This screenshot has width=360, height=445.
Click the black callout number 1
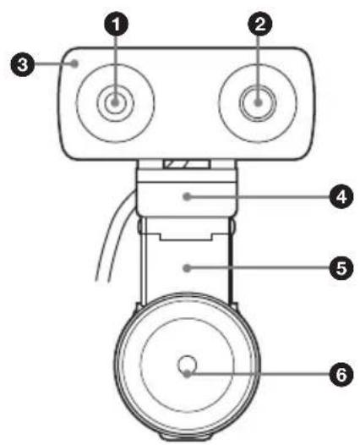(x=116, y=24)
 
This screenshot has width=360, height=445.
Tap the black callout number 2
(x=260, y=24)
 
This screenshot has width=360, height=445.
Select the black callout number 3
(x=22, y=64)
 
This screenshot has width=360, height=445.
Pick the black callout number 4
(x=341, y=196)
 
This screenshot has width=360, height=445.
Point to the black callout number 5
(x=341, y=267)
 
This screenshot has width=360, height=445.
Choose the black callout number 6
(x=341, y=374)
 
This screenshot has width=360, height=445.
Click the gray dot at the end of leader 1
(x=115, y=102)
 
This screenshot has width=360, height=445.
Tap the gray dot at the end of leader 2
(x=258, y=102)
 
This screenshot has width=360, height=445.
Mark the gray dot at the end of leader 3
(x=74, y=63)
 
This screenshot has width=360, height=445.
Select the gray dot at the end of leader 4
(x=187, y=196)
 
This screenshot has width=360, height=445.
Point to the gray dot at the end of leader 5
(x=187, y=267)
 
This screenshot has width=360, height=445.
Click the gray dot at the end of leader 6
(x=187, y=374)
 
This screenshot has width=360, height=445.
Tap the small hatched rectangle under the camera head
(x=187, y=164)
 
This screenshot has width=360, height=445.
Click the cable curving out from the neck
(x=113, y=233)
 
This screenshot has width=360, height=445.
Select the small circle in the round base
(x=187, y=365)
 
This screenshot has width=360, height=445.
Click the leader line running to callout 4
(x=260, y=196)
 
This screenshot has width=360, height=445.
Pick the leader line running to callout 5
(x=260, y=267)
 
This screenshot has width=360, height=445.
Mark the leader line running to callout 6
(x=260, y=374)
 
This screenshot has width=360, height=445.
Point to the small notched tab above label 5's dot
(x=186, y=236)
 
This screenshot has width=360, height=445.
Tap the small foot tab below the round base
(x=187, y=439)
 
